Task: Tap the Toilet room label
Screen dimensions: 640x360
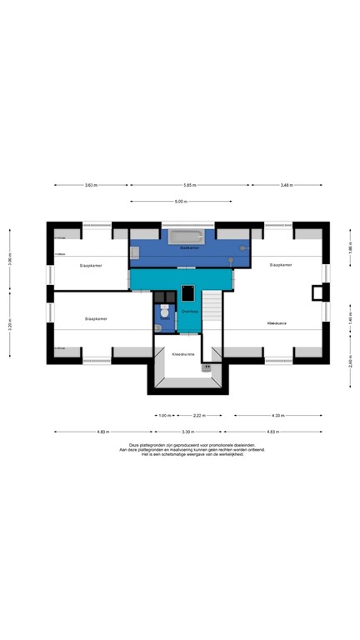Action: click(x=165, y=317)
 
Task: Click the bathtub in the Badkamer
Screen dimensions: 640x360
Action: click(x=187, y=237)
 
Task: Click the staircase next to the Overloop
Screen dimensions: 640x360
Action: click(x=213, y=312)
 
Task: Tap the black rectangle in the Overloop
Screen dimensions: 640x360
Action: click(x=188, y=292)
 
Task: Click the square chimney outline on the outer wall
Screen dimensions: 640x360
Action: click(x=317, y=292)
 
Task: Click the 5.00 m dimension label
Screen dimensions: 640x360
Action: click(x=180, y=202)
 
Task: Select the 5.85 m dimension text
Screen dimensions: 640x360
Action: click(x=190, y=185)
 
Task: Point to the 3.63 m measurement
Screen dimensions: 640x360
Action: click(x=91, y=185)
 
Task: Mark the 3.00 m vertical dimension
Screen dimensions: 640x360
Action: click(x=10, y=260)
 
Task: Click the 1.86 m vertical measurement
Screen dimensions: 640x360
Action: click(x=351, y=247)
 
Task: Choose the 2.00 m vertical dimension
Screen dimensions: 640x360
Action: click(x=351, y=362)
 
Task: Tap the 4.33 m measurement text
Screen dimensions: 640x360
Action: click(x=276, y=415)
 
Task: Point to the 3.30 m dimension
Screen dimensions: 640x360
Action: click(x=187, y=432)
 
